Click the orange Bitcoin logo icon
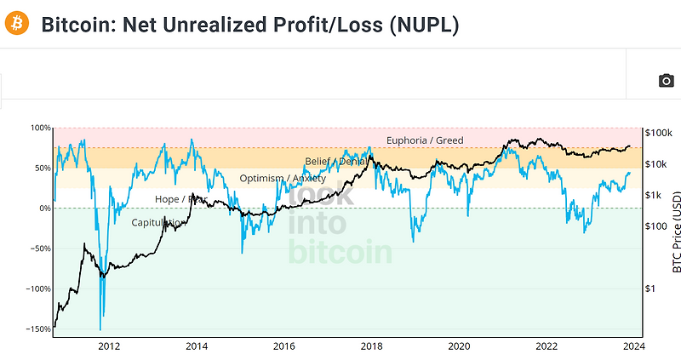[16, 23]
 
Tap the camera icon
[667, 81]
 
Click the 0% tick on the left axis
[44, 209]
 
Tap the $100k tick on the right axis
[659, 133]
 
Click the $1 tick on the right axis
[652, 289]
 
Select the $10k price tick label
[656, 164]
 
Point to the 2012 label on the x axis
[108, 346]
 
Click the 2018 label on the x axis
[371, 346]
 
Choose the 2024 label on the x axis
[634, 346]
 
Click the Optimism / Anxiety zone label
[283, 179]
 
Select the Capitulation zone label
[158, 223]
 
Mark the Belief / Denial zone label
[337, 161]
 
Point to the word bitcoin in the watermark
[340, 252]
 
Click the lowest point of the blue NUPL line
[100, 329]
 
